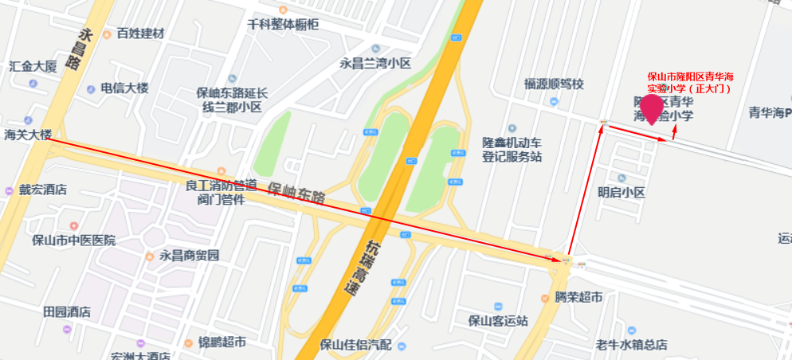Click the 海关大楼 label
tap(28, 135)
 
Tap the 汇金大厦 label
tap(33, 66)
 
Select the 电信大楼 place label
tap(124, 88)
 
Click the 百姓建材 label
tap(139, 33)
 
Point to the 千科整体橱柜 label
tap(283, 25)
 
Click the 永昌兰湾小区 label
tap(375, 63)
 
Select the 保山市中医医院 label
tap(73, 240)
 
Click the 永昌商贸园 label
tap(189, 256)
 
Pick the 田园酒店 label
tap(67, 312)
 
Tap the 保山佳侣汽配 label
tap(355, 345)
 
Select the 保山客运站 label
tap(498, 321)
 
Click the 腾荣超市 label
tap(578, 297)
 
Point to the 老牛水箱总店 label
tap(632, 345)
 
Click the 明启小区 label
tap(621, 192)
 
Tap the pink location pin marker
tap(654, 107)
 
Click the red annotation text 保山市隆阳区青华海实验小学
tap(690, 82)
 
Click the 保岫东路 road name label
tap(296, 194)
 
